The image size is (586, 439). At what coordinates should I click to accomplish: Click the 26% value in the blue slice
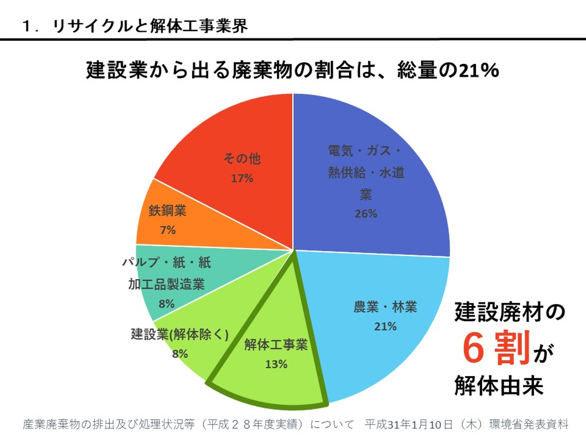click(366, 213)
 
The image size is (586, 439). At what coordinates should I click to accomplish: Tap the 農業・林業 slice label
click(385, 306)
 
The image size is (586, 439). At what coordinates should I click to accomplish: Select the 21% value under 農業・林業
click(385, 326)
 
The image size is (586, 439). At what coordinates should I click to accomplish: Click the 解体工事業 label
click(276, 345)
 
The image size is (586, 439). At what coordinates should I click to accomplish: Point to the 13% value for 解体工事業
click(276, 364)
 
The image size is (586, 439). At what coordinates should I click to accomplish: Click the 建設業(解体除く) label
click(179, 334)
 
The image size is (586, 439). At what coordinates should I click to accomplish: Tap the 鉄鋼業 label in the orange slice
click(167, 211)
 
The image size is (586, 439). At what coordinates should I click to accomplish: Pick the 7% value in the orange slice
click(168, 230)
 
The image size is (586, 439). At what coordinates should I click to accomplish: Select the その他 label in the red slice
click(242, 159)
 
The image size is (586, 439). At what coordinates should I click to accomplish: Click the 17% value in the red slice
click(242, 178)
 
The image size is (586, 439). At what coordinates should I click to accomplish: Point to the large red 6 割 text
click(496, 348)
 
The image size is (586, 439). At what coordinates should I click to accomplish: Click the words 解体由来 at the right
click(499, 385)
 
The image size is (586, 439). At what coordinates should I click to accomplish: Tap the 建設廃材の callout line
click(509, 312)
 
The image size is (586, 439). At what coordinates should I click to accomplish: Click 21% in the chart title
click(479, 70)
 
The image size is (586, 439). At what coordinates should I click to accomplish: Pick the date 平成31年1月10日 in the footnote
click(409, 424)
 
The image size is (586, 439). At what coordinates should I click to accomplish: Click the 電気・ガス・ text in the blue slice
click(365, 151)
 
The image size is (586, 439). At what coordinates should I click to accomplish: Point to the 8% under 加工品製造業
click(166, 304)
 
